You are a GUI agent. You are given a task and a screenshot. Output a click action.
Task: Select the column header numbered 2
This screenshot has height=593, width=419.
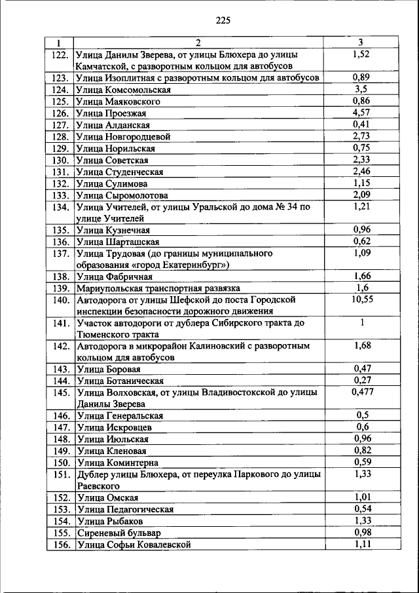click(198, 43)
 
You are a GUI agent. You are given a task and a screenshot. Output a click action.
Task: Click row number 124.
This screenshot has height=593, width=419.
click(60, 90)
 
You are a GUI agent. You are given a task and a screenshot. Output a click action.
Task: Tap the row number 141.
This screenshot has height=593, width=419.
click(60, 323)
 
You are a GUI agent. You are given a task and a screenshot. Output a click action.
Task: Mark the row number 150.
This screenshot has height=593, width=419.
click(60, 463)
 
